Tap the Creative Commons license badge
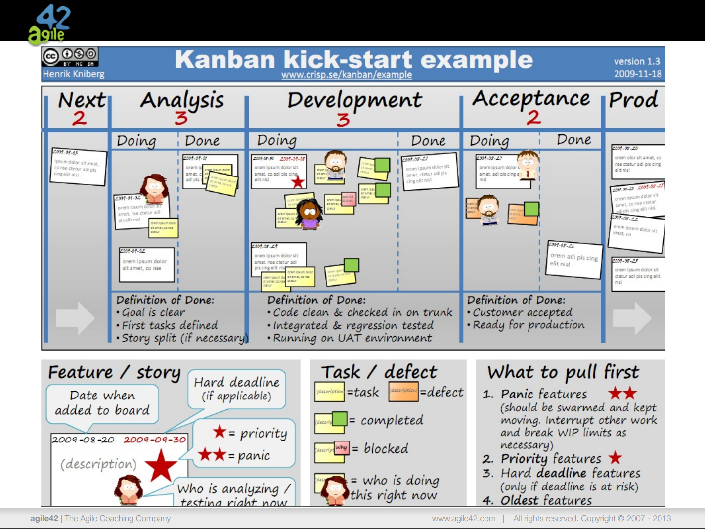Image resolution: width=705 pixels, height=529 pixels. click(x=70, y=56)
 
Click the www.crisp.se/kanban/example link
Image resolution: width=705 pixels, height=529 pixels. click(x=347, y=75)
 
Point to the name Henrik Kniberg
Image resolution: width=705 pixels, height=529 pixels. click(x=74, y=74)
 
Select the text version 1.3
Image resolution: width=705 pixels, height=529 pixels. click(x=637, y=61)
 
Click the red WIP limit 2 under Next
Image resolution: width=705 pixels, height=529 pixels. click(x=79, y=118)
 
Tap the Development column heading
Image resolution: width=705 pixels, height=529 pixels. click(x=354, y=100)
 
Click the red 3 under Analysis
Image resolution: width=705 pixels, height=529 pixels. click(x=181, y=118)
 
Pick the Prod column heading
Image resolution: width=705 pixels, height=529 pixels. click(x=633, y=100)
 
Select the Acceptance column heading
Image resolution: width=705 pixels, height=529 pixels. click(x=531, y=99)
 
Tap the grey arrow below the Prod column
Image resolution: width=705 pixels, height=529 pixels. click(x=632, y=318)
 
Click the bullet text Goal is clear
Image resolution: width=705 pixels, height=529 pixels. click(x=153, y=312)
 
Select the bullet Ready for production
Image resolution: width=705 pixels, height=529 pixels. click(x=529, y=325)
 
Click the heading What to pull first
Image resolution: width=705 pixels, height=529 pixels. click(x=563, y=372)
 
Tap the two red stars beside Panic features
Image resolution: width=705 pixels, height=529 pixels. click(x=622, y=394)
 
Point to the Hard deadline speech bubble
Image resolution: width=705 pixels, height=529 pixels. click(x=236, y=389)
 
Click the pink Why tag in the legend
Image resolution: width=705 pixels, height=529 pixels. click(x=342, y=447)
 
